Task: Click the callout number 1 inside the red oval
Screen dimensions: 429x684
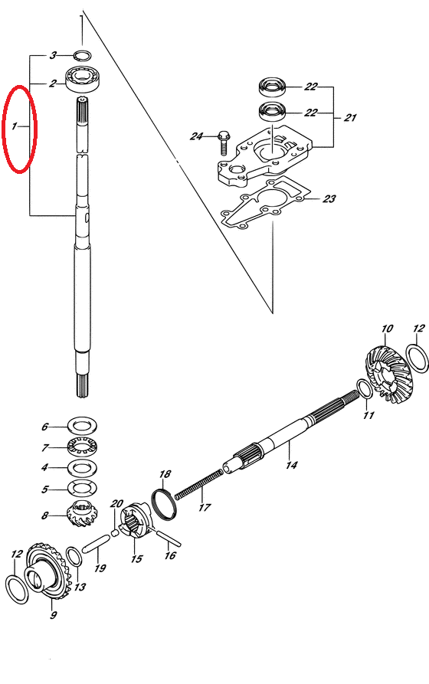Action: tap(15, 126)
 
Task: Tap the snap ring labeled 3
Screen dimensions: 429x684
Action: tap(82, 55)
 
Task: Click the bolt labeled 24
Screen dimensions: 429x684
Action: tap(223, 142)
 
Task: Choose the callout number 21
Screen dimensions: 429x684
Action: tap(350, 117)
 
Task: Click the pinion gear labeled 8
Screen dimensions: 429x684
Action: tap(83, 514)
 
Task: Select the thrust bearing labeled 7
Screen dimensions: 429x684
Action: tap(83, 447)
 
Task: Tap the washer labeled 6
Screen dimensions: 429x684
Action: tap(83, 425)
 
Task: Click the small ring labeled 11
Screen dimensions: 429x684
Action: tap(365, 389)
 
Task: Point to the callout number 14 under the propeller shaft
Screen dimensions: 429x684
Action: tap(292, 465)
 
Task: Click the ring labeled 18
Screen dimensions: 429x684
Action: tap(165, 504)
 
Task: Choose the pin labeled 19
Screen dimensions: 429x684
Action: tap(93, 542)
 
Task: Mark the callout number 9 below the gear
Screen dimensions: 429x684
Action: tap(54, 616)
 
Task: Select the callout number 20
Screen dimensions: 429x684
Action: tap(116, 504)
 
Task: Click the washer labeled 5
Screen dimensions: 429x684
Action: tap(83, 489)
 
